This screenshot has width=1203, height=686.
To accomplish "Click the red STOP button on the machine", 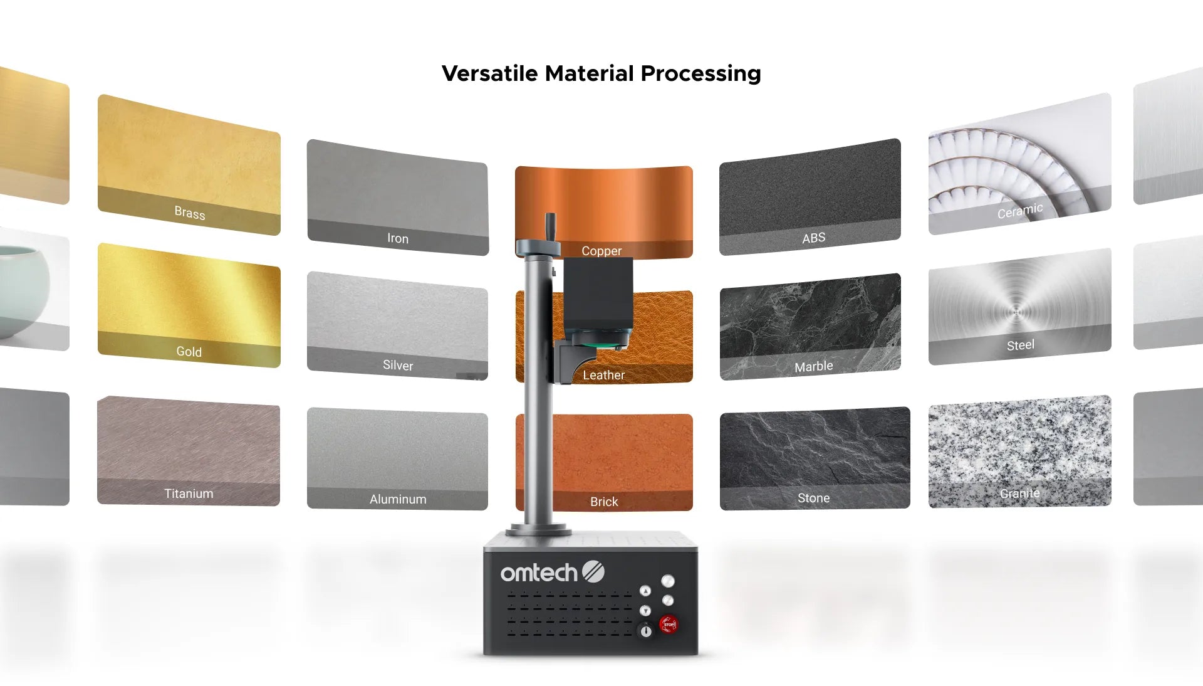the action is (x=669, y=624).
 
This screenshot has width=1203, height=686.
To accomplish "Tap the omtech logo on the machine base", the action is (x=552, y=572).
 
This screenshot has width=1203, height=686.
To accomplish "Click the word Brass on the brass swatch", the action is (x=190, y=213).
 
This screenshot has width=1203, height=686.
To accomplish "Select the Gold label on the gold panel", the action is (x=189, y=352).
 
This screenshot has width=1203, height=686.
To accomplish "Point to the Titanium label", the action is (x=189, y=493).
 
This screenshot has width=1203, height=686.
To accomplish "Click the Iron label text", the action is (x=398, y=238).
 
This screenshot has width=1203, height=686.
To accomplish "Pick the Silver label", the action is (x=398, y=365).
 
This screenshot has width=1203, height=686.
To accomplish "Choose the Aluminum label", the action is (x=398, y=499).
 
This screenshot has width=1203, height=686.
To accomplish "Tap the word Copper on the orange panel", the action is (x=601, y=251).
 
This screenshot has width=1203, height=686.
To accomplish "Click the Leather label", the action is (x=604, y=375).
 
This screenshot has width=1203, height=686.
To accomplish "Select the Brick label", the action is (x=604, y=502).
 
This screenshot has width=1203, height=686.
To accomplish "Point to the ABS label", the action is (x=814, y=238).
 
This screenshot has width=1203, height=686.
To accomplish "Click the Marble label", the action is (x=814, y=366).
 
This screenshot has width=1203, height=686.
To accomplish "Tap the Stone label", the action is (x=814, y=498).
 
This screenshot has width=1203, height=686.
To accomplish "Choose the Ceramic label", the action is (x=1020, y=211).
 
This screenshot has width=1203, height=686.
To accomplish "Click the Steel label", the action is (x=1021, y=345).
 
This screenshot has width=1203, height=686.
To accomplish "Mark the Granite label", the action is (x=1020, y=493).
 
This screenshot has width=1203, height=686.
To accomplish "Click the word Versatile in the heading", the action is (x=490, y=73).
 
